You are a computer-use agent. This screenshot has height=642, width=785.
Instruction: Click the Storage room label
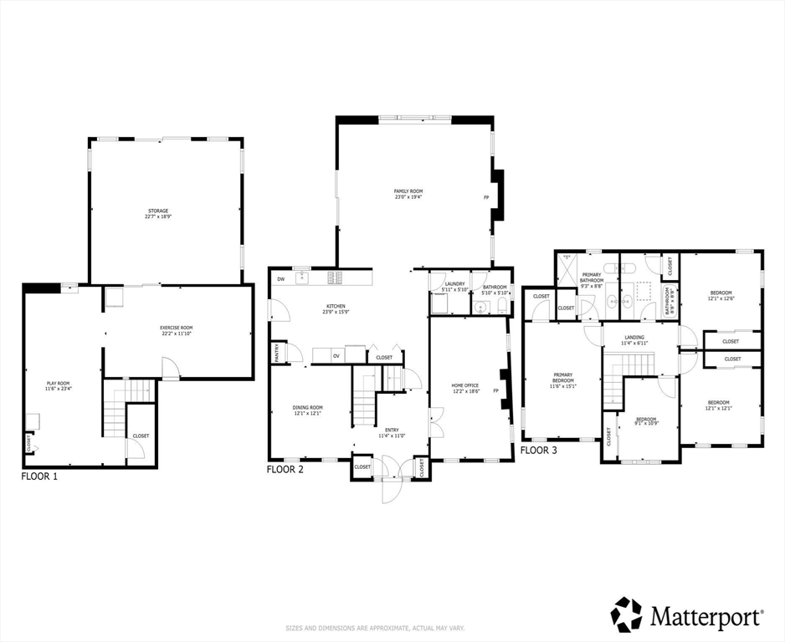point(156,213)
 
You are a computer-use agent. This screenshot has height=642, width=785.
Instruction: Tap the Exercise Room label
point(177,330)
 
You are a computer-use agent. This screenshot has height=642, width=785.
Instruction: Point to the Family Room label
point(408,194)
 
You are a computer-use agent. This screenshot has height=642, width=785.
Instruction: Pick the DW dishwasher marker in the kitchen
point(280,278)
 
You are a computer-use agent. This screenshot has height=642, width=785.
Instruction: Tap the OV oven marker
point(336,356)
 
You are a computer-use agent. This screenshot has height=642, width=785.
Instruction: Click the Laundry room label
point(454,284)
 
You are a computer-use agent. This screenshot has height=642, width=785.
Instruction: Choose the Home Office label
point(466,388)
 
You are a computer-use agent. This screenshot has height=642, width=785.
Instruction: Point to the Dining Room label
point(307,410)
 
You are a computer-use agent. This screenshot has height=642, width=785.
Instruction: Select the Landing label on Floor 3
point(634,340)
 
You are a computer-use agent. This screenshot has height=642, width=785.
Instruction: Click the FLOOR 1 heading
point(39,476)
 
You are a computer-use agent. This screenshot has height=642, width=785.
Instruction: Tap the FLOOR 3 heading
point(539,450)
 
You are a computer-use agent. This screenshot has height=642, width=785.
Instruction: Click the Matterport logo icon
point(626,614)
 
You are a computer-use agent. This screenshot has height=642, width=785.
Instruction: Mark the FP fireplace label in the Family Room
point(486,198)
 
